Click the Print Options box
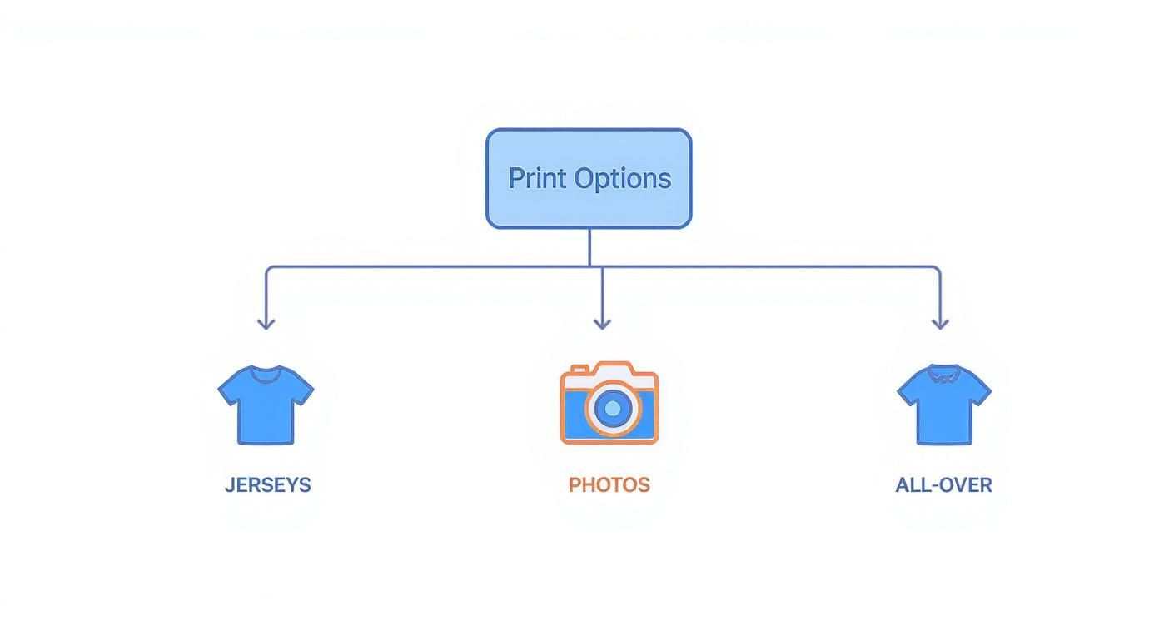click(589, 178)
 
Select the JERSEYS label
click(267, 485)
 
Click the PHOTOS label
click(609, 485)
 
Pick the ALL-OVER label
click(943, 485)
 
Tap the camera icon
click(609, 403)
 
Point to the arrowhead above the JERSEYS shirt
click(266, 322)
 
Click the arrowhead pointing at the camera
click(602, 322)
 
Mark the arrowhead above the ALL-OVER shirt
click(940, 322)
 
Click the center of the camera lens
click(613, 408)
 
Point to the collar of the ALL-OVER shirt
click(943, 374)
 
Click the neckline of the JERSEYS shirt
click(266, 374)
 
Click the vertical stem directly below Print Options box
click(589, 247)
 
